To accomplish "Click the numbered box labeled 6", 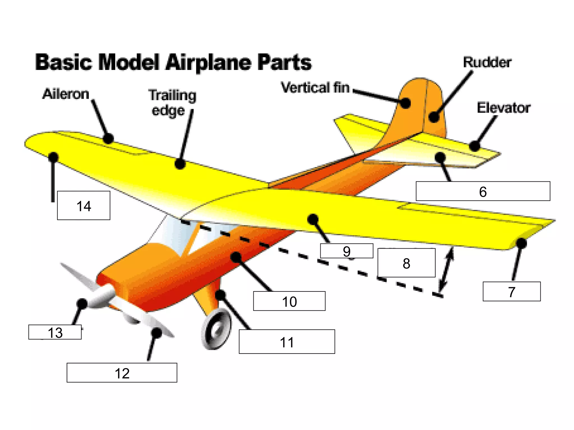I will [x=483, y=191].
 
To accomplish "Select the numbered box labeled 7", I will [x=511, y=291].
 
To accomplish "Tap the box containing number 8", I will [x=406, y=263].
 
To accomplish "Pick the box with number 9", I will [x=347, y=251].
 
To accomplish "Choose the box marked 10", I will [x=289, y=301].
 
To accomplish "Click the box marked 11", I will [x=287, y=342].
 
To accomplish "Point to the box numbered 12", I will [x=122, y=373].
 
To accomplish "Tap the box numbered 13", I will [x=55, y=332].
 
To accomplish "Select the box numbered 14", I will [x=84, y=205].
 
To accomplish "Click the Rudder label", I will [x=487, y=62].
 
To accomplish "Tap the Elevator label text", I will [x=504, y=108].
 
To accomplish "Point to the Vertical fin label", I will [x=315, y=88].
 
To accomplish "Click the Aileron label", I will [x=66, y=94].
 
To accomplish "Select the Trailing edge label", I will [x=172, y=103].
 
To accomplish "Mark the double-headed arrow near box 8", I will [x=446, y=269].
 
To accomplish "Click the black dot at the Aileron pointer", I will [x=108, y=138].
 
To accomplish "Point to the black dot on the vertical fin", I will [x=405, y=103].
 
